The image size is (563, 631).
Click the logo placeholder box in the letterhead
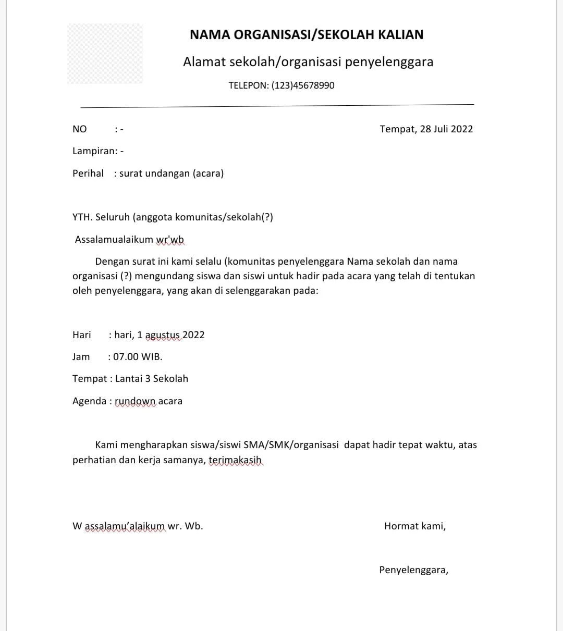coord(105,54)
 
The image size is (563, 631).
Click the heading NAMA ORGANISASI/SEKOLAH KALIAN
coord(307,35)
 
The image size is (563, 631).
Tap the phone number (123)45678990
coord(303,85)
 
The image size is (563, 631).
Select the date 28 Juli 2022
coord(446,129)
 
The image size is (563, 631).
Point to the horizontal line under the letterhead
coord(277,106)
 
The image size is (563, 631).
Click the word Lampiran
coord(94,151)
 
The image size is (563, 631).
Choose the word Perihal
coord(88,174)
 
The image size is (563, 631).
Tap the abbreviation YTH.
coord(82,217)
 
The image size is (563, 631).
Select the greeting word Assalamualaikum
coord(114,240)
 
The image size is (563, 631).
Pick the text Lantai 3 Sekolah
coord(152,379)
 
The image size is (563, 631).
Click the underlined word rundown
coord(135,401)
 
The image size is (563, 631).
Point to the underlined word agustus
coord(163,335)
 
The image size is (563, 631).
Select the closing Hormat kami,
coord(415,526)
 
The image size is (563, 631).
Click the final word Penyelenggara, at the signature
coord(413,570)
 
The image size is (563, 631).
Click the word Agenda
coord(89,401)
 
